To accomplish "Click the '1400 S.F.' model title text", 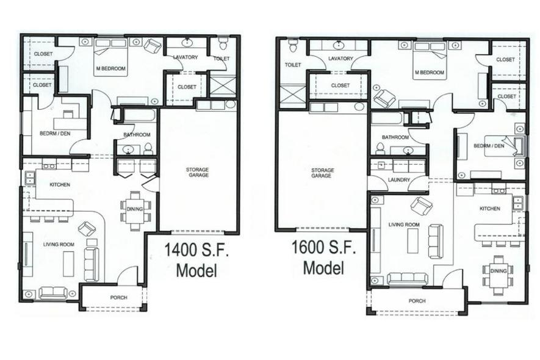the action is coord(196,250).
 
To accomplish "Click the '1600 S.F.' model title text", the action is coord(324,247).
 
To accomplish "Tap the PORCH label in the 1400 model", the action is coord(118,297).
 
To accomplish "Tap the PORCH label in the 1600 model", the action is coord(417,301).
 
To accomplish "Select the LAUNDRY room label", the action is coord(399,180).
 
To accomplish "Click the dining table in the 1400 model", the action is coord(135,211).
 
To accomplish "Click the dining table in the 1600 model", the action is coord(498,275).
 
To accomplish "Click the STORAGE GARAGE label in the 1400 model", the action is coord(197,172).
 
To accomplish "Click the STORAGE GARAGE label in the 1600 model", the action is coord(322,173).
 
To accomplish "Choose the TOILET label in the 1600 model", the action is coord(293,65).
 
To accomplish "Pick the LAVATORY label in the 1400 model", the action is coord(185,57).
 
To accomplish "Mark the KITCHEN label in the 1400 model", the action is coord(60,185).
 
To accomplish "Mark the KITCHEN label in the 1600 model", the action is coord(490,209).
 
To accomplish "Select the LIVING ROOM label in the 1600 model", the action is coord(404,225).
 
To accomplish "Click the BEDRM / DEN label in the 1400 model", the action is coord(55,133).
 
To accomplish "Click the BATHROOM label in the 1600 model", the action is coord(395,137).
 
